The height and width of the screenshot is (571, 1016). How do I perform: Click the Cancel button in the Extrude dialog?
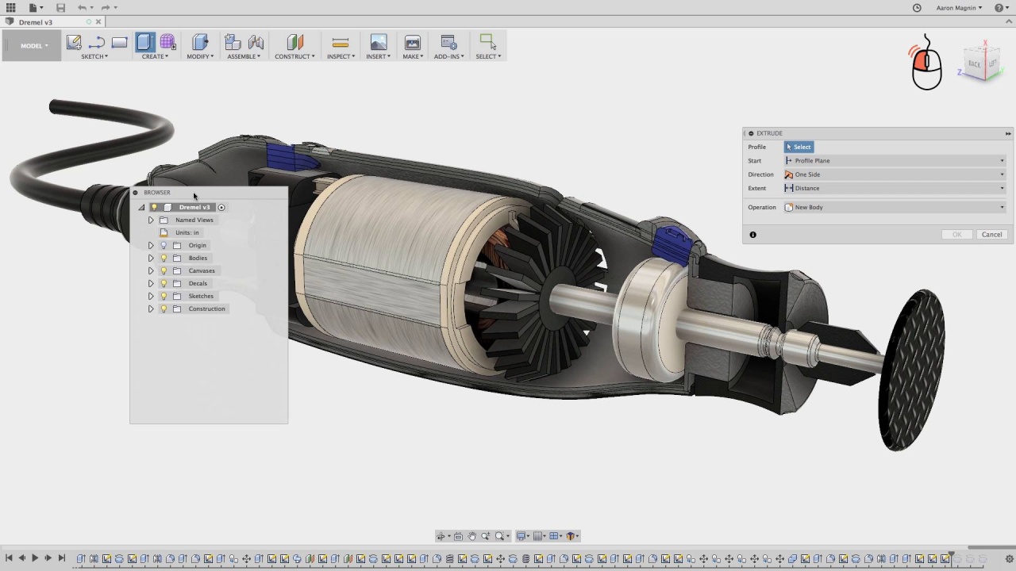991,235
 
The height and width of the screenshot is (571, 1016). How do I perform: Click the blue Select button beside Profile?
799,147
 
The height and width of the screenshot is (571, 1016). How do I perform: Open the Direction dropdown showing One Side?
894,174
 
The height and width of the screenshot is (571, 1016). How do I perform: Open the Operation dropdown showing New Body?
894,207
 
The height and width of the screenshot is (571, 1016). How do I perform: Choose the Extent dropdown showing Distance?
894,188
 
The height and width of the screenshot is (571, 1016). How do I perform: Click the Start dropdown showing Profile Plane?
894,160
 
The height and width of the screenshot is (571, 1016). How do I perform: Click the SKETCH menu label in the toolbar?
94,56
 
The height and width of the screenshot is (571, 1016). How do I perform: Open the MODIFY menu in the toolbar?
199,56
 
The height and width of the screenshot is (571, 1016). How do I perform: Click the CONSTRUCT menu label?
294,56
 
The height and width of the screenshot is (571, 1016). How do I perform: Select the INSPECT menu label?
341,56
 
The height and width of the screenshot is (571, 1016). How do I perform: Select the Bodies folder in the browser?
198,258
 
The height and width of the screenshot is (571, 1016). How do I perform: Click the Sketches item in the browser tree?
201,296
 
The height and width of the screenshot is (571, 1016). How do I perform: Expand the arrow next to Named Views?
151,220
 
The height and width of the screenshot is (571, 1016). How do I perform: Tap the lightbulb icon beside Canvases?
164,270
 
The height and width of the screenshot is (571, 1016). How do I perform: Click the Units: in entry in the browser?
187,232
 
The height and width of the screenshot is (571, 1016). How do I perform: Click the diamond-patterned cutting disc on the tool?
911,370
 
